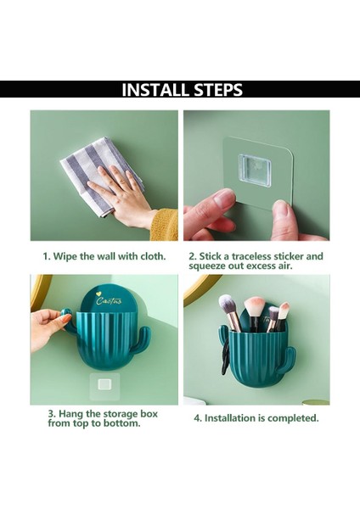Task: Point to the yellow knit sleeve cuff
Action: [165, 225]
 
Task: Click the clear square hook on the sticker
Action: [255, 171]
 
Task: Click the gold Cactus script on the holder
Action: [110, 301]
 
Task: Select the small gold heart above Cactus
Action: [98, 294]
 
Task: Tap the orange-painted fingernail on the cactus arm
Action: [66, 319]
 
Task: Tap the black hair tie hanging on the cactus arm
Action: [225, 357]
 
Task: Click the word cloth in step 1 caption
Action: [153, 256]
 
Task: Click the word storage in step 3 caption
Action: [121, 414]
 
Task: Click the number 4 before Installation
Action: [197, 418]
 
